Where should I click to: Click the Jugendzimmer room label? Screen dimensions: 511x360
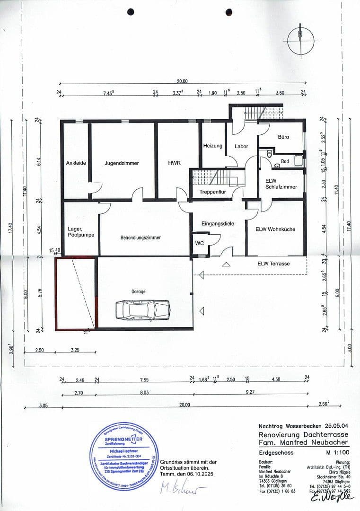tap(122, 163)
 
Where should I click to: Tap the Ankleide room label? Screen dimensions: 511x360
tap(76, 163)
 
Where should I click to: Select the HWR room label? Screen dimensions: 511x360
tap(174, 163)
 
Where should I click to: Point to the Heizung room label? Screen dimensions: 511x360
tap(212, 146)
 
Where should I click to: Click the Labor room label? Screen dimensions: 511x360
tap(241, 146)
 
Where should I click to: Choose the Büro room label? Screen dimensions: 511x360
tap(283, 137)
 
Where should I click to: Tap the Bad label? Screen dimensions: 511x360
tap(285, 161)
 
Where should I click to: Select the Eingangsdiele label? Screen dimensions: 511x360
tap(219, 223)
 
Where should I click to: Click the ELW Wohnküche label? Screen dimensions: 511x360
tap(275, 229)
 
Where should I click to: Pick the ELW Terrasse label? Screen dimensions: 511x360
tap(273, 264)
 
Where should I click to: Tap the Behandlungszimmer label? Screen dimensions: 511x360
tap(140, 238)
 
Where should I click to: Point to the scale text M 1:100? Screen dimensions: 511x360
tap(337, 453)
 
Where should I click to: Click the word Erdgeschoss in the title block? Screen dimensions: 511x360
tap(276, 453)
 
